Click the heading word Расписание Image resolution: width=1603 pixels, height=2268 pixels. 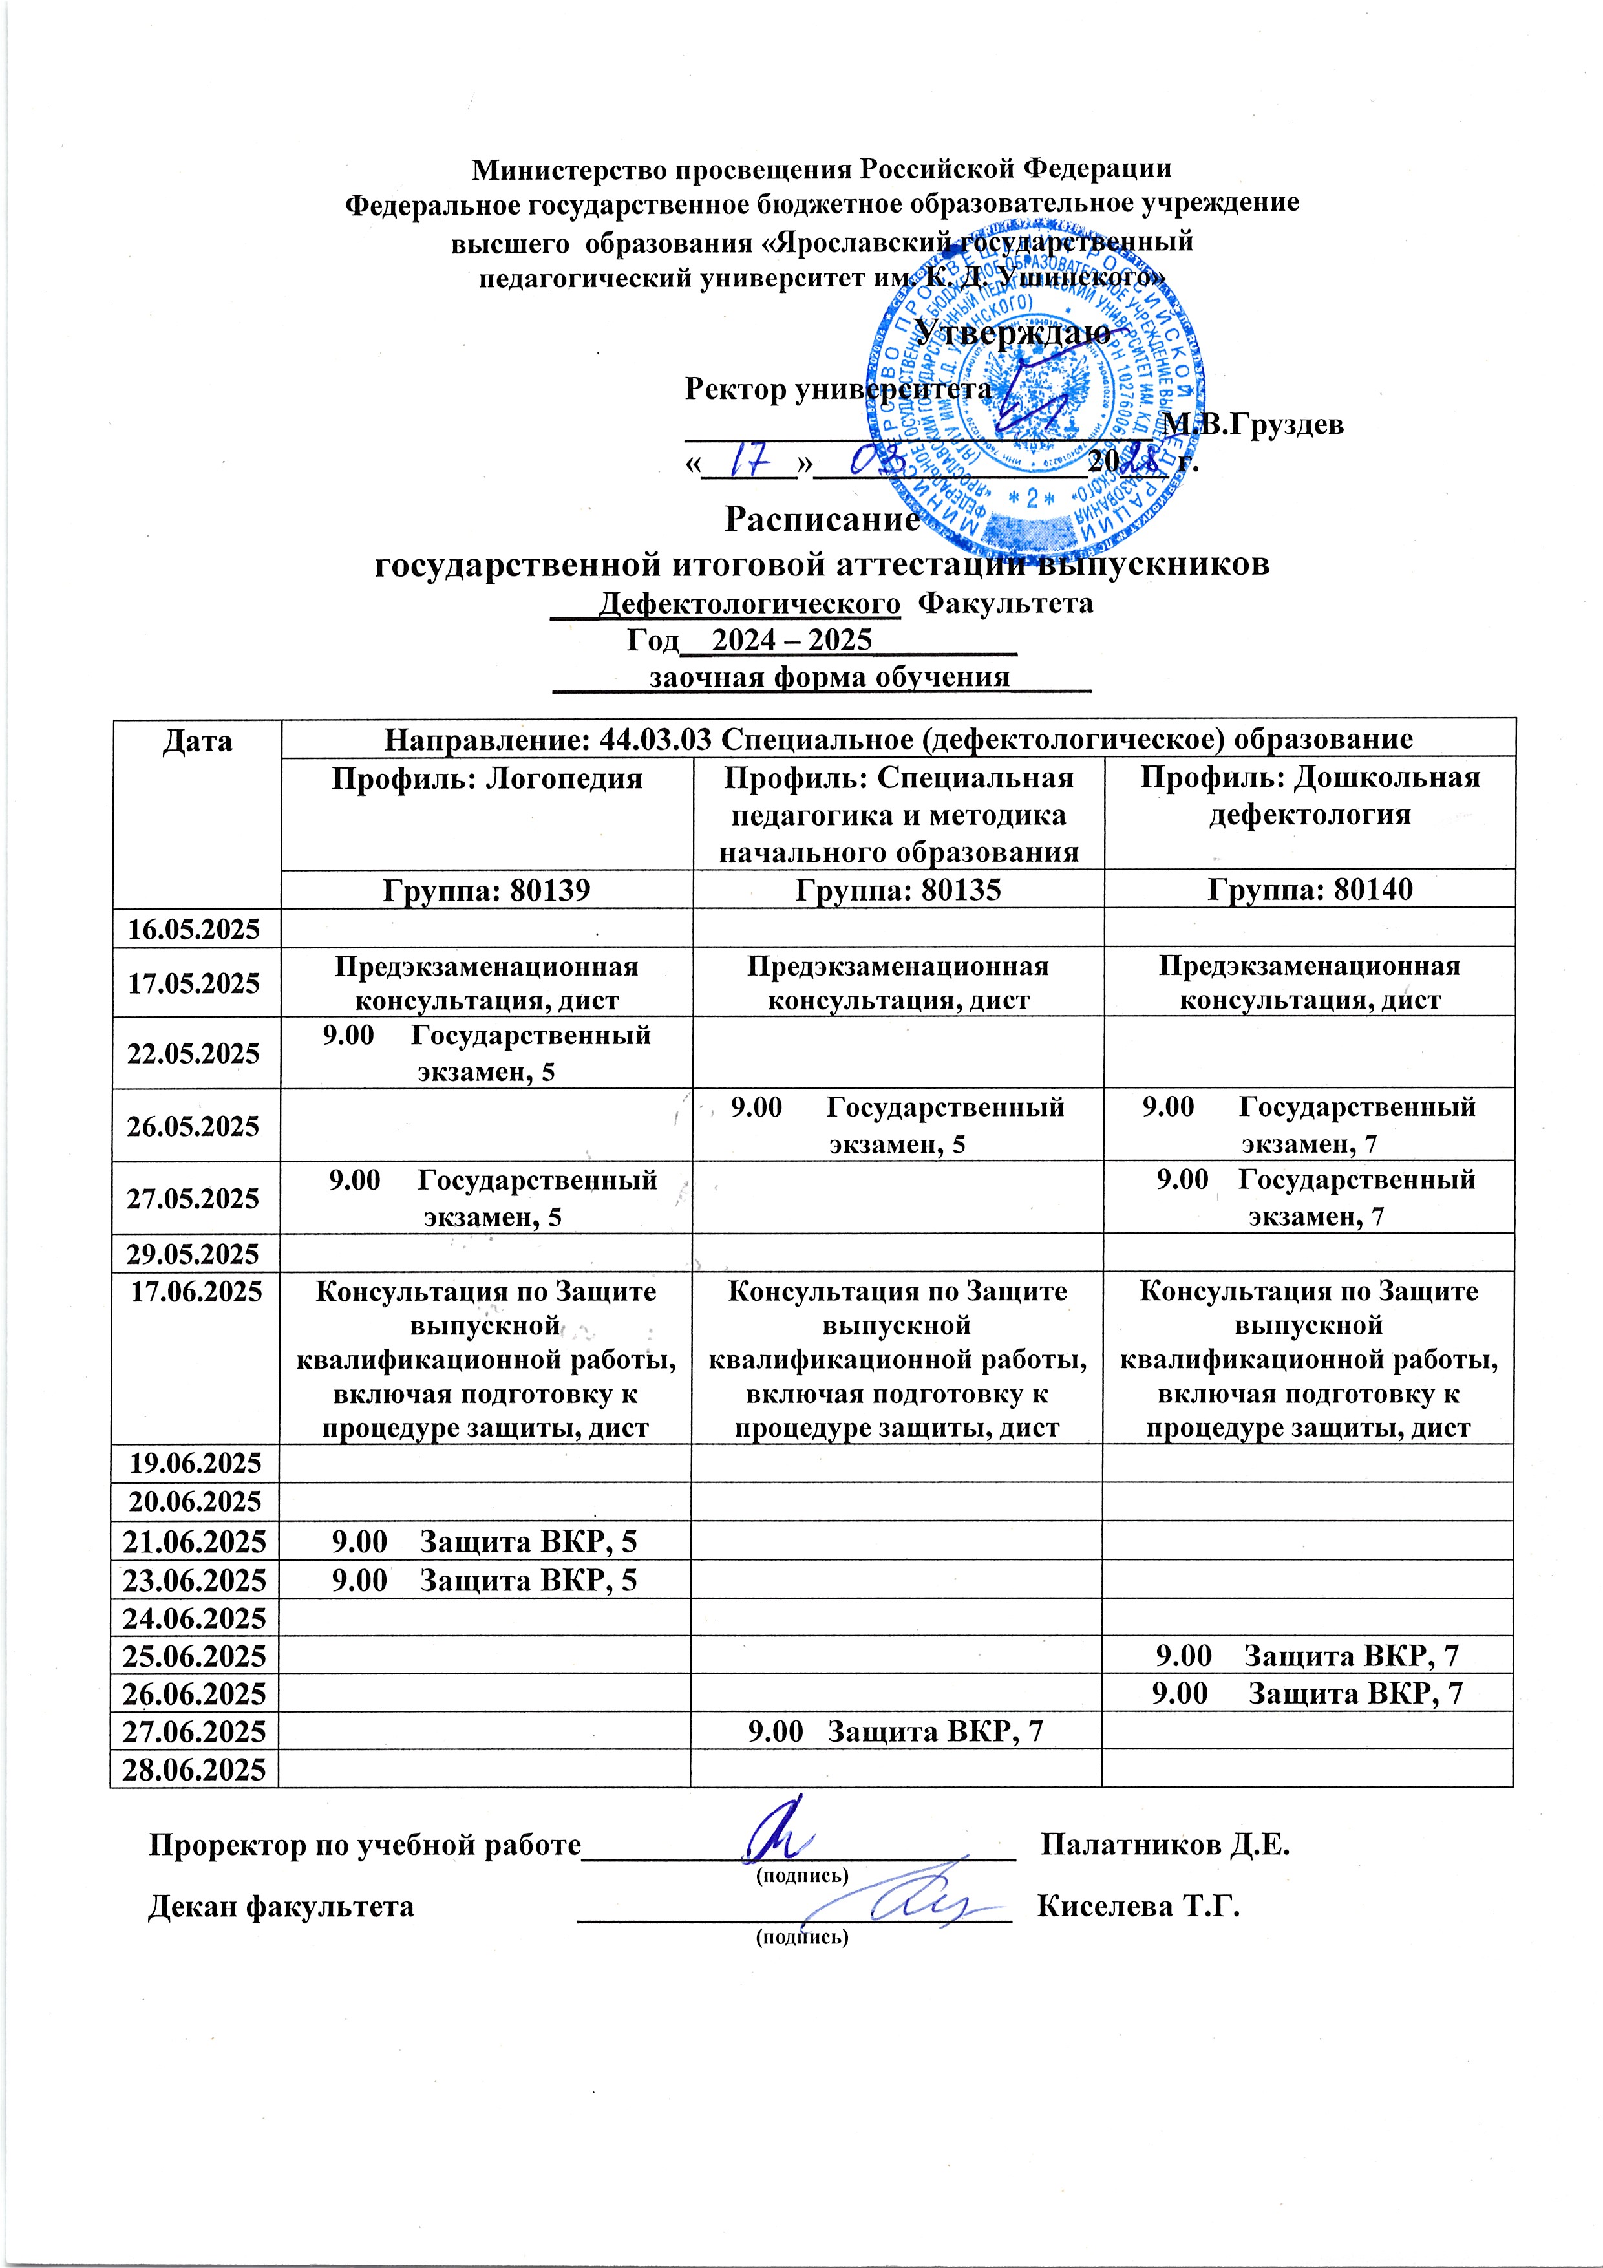(x=822, y=519)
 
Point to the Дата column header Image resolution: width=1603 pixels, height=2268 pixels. (x=196, y=741)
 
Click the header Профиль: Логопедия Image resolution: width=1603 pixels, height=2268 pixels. (x=486, y=779)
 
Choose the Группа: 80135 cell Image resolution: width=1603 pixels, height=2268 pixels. (x=898, y=890)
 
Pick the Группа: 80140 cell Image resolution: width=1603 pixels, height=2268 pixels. (x=1310, y=890)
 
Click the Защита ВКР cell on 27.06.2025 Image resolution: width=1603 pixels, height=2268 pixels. (x=896, y=1731)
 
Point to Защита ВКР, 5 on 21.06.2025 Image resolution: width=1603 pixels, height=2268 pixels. (x=484, y=1541)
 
